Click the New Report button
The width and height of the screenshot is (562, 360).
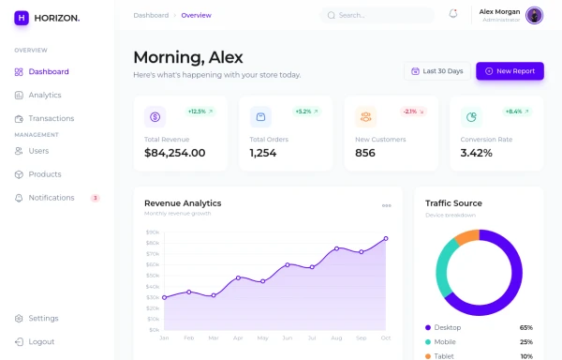510,71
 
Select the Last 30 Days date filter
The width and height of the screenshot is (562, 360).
437,71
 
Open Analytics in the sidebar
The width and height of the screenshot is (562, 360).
44,95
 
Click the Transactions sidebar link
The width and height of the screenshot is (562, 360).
51,118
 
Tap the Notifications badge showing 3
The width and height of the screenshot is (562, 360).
95,198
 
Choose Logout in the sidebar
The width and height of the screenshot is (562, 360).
41,341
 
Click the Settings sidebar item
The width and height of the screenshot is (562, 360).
43,318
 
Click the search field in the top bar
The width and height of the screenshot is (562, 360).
377,15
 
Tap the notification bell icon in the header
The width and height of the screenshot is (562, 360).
453,14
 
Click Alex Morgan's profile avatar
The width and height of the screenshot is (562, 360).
534,15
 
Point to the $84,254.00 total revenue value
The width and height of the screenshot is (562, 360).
175,153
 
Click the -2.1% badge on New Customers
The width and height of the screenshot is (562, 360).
413,112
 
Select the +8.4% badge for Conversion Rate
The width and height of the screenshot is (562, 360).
517,112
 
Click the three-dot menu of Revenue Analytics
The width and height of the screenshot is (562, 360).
386,205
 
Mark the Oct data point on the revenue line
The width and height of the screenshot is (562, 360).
385,238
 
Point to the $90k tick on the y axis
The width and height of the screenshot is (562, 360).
153,232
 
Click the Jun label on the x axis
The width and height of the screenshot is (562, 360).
287,337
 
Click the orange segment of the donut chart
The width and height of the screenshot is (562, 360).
466,237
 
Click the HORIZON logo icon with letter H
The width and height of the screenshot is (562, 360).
22,17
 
